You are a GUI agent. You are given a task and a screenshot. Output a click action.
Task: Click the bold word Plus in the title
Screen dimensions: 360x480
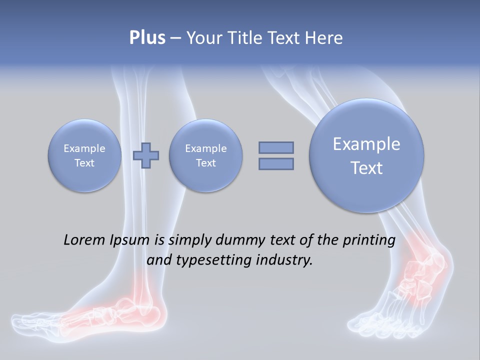[147, 38]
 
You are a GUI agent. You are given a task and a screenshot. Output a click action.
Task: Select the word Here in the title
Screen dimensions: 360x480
[324, 38]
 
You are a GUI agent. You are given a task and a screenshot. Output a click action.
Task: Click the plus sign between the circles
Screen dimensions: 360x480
[146, 155]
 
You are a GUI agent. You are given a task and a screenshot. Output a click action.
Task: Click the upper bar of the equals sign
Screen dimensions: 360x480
[276, 147]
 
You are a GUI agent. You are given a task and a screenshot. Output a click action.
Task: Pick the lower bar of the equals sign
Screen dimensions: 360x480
[276, 163]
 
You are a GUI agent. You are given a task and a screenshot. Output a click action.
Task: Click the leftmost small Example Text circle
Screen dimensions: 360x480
[84, 155]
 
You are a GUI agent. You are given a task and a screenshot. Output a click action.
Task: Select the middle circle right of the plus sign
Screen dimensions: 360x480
[205, 155]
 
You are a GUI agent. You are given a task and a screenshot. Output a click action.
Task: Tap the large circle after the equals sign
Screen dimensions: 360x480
[366, 155]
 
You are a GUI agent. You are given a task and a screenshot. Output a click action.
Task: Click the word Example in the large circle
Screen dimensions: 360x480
[366, 144]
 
